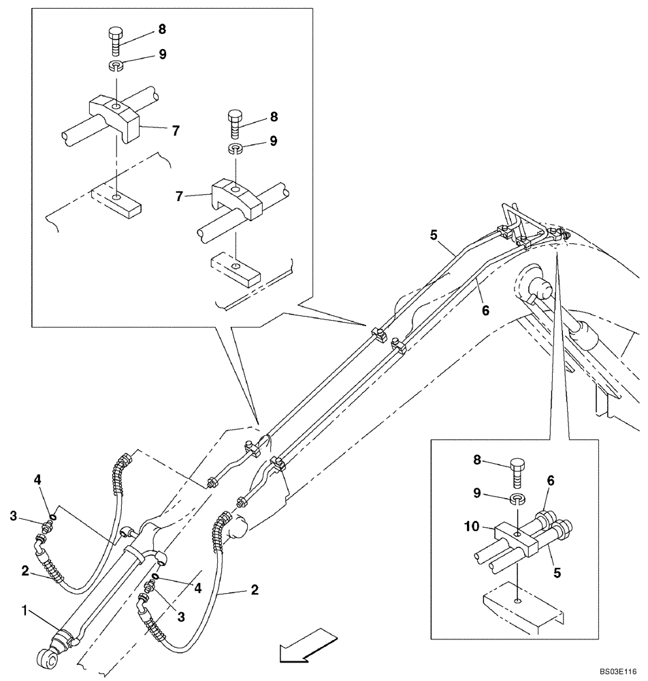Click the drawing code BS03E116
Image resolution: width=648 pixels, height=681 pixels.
click(619, 671)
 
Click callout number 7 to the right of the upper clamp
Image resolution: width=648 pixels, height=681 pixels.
click(175, 131)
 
